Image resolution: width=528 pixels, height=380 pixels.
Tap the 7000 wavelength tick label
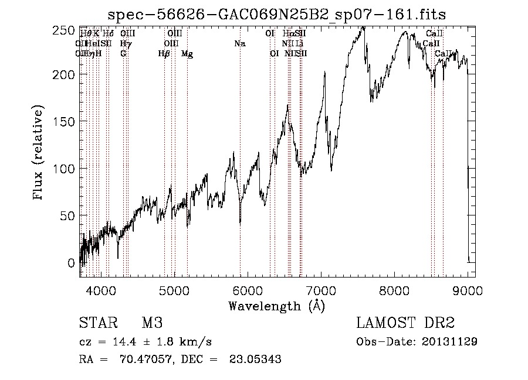pyautogui.click(x=321, y=289)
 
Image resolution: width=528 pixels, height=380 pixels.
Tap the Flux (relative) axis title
pyautogui.click(x=39, y=154)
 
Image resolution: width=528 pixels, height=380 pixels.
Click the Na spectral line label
pyautogui.click(x=239, y=43)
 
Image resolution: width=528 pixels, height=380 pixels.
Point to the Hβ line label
pyautogui.click(x=164, y=53)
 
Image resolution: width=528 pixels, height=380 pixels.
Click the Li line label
pyautogui.click(x=299, y=43)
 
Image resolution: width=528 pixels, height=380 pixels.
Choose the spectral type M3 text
pyautogui.click(x=151, y=323)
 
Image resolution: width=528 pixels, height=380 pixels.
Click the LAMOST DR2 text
pyautogui.click(x=405, y=323)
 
